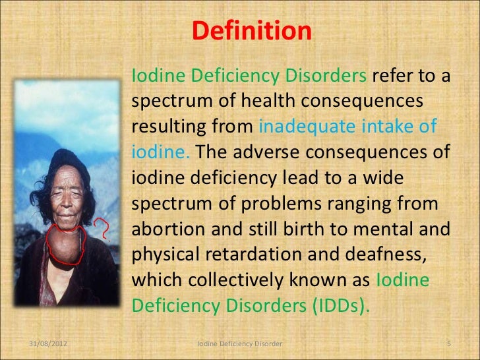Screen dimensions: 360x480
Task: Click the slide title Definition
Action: (251, 31)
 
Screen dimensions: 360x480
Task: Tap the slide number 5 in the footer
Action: (448, 344)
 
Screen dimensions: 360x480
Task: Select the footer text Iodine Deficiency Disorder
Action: (240, 344)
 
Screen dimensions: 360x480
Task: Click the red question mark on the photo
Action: (104, 229)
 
